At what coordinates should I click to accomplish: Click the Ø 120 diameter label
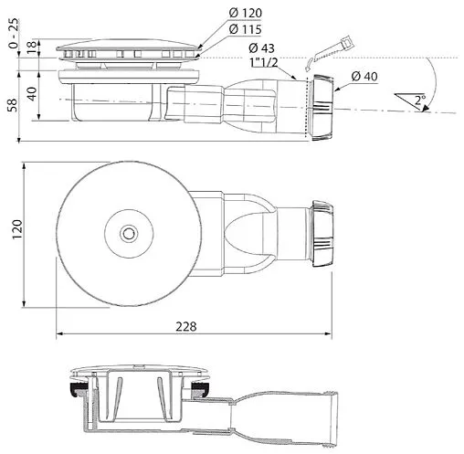245,13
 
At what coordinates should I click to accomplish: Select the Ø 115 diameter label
245,29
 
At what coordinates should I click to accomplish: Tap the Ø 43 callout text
261,48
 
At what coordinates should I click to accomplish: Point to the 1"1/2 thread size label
264,62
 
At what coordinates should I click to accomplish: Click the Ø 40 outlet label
364,76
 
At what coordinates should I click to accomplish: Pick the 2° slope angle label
420,100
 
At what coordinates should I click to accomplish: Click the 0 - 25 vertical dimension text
14,34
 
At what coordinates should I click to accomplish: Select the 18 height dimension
31,48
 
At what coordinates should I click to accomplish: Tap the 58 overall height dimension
13,105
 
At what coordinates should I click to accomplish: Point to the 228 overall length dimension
186,326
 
